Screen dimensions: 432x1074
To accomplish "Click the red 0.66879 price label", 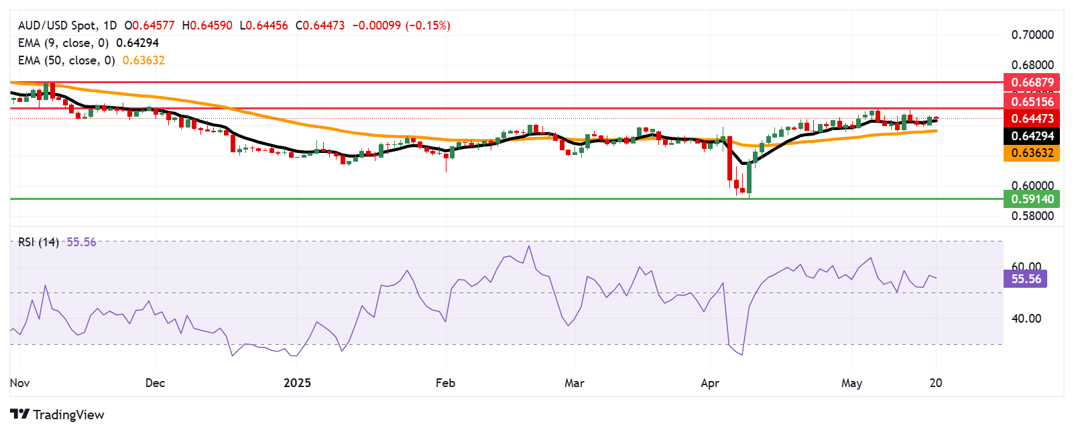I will tap(1032, 83).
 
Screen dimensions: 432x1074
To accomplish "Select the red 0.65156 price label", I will tap(1032, 101).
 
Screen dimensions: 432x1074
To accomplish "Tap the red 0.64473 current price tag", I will tap(1032, 119).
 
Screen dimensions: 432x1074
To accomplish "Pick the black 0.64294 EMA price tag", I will tap(1032, 136).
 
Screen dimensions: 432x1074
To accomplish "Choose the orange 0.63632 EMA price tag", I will tap(1032, 153).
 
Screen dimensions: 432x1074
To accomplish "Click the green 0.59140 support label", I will tap(1032, 199).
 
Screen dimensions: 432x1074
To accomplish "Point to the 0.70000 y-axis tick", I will tap(1032, 35).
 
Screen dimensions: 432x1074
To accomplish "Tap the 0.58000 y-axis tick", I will tap(1032, 216).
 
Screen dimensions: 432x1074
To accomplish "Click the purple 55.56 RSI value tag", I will tap(1026, 279).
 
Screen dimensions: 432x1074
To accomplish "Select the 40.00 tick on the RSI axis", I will tap(1026, 319).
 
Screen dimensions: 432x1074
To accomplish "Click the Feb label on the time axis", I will tap(445, 383).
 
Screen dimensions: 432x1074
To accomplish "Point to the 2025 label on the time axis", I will tap(297, 383).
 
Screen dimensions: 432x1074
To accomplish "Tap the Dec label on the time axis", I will tap(155, 383).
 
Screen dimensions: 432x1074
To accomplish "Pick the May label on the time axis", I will tap(851, 383).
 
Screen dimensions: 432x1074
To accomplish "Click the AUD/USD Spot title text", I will tap(57, 25).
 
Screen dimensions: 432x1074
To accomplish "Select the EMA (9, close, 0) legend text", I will tap(63, 43).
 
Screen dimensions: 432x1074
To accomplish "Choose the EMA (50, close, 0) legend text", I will tap(66, 60).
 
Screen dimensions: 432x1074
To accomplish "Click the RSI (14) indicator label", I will tap(38, 242).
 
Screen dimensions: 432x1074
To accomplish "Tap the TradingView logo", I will tap(58, 415).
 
